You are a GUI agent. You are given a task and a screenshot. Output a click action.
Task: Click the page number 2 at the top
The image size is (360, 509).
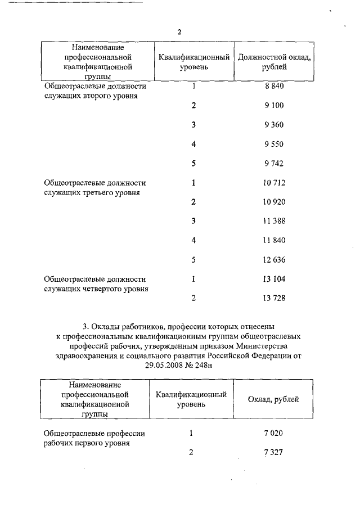pyautogui.click(x=179, y=32)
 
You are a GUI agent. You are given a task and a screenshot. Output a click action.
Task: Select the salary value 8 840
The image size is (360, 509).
pyautogui.click(x=273, y=87)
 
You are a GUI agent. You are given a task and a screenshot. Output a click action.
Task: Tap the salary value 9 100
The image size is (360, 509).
pyautogui.click(x=273, y=105)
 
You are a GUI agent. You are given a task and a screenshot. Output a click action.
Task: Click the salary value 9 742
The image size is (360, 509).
pyautogui.click(x=273, y=163)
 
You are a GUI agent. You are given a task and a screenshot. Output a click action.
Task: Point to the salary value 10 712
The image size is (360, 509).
pyautogui.click(x=273, y=183)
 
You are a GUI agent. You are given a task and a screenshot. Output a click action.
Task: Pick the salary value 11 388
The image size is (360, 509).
pyautogui.click(x=273, y=221)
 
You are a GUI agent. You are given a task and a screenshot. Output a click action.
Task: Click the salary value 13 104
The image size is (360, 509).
pyautogui.click(x=273, y=279)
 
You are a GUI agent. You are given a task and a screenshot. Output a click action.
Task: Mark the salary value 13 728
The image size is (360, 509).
pyautogui.click(x=273, y=298)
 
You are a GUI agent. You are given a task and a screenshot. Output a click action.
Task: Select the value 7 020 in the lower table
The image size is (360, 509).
pyautogui.click(x=273, y=434)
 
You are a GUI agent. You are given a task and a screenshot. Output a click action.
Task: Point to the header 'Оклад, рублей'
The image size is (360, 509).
pyautogui.click(x=273, y=399)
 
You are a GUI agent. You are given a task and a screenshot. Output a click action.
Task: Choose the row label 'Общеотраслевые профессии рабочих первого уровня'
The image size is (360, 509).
pyautogui.click(x=94, y=438)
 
